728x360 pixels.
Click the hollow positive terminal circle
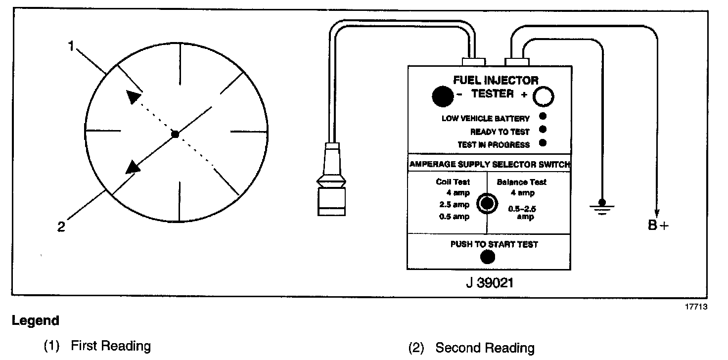[x=543, y=97]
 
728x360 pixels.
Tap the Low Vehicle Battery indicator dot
[x=543, y=117]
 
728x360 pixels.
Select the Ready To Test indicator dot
[x=543, y=130]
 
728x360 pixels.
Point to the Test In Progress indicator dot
[x=543, y=143]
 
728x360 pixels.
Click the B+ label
[x=658, y=226]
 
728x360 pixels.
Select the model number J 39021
[x=489, y=283]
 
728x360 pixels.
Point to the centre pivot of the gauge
[x=174, y=134]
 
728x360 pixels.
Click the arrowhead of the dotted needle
[x=132, y=97]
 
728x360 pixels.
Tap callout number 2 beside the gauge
[x=61, y=228]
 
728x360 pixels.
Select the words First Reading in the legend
[x=111, y=345]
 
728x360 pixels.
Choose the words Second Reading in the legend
[x=484, y=348]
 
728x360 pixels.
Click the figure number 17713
[x=696, y=307]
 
